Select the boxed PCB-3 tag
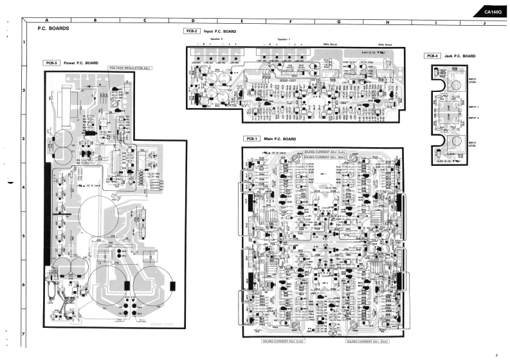[x=52, y=63]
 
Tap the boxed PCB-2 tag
[x=191, y=31]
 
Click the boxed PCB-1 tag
[x=251, y=139]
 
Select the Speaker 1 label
[x=284, y=39]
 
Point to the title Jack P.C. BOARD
[x=460, y=56]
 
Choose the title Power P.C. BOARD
[x=81, y=63]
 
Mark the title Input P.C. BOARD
[x=220, y=31]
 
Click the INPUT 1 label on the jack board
[x=475, y=107]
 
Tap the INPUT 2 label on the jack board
[x=475, y=118]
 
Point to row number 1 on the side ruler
[x=24, y=43]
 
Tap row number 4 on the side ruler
[x=24, y=188]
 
